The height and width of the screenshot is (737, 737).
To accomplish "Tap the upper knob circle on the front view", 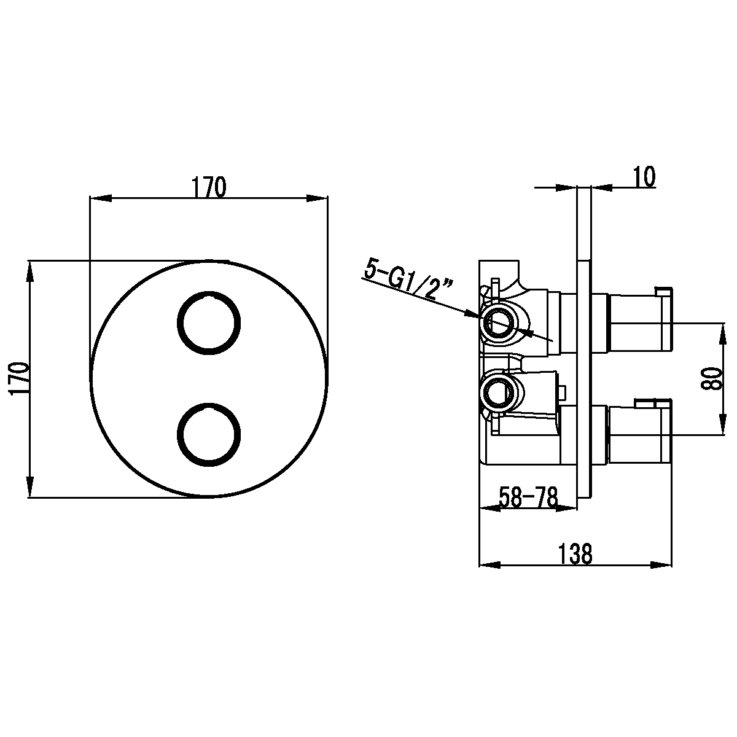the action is pos(209,323).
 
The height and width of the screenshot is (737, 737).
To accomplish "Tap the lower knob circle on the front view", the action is pos(209,434).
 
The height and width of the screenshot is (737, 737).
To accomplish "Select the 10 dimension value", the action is pos(644,177).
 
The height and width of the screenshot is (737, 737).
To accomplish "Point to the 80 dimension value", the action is pos(712,379).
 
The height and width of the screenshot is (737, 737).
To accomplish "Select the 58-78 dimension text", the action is pos(528,497).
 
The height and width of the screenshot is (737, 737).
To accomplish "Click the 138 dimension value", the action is pos(575,553).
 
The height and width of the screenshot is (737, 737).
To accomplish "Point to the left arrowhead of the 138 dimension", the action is pos(489,565).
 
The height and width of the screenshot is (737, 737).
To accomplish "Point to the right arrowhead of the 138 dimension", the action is pos(661,565).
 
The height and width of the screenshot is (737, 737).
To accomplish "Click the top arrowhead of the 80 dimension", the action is pos(723,334).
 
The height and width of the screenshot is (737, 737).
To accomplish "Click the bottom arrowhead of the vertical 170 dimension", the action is pos(29,487).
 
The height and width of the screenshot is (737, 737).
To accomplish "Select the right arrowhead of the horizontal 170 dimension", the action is pos(317,198).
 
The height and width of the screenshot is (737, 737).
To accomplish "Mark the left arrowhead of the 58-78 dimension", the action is pos(489,509).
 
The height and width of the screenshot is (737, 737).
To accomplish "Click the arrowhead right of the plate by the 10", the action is pos(602,187).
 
